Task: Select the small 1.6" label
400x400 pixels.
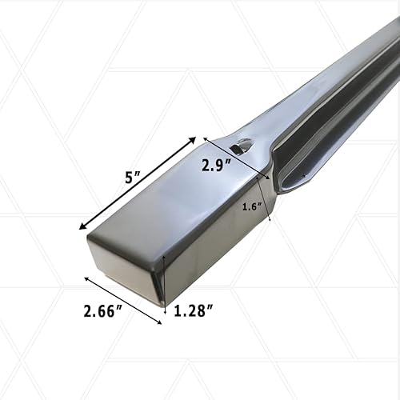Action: tap(253, 206)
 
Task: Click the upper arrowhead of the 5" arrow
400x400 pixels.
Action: tap(192, 140)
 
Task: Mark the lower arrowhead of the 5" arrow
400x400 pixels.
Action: tap(82, 228)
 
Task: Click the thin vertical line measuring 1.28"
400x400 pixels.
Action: tap(164, 280)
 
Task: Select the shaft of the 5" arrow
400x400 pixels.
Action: tap(137, 184)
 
